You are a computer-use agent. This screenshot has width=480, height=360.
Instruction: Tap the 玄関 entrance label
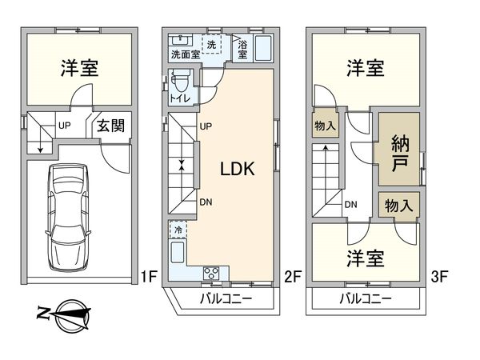point(110,126)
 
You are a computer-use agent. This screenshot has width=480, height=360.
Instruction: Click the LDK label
point(237,169)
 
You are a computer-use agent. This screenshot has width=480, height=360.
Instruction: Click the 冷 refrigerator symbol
point(178,230)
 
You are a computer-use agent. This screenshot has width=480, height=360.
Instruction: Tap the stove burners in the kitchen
point(214,274)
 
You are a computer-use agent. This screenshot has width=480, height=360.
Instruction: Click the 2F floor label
point(292,278)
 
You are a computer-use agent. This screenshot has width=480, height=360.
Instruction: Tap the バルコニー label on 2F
point(226,299)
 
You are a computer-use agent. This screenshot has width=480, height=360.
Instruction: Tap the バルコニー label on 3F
point(365,299)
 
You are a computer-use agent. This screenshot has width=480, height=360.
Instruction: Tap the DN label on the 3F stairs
point(350,205)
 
